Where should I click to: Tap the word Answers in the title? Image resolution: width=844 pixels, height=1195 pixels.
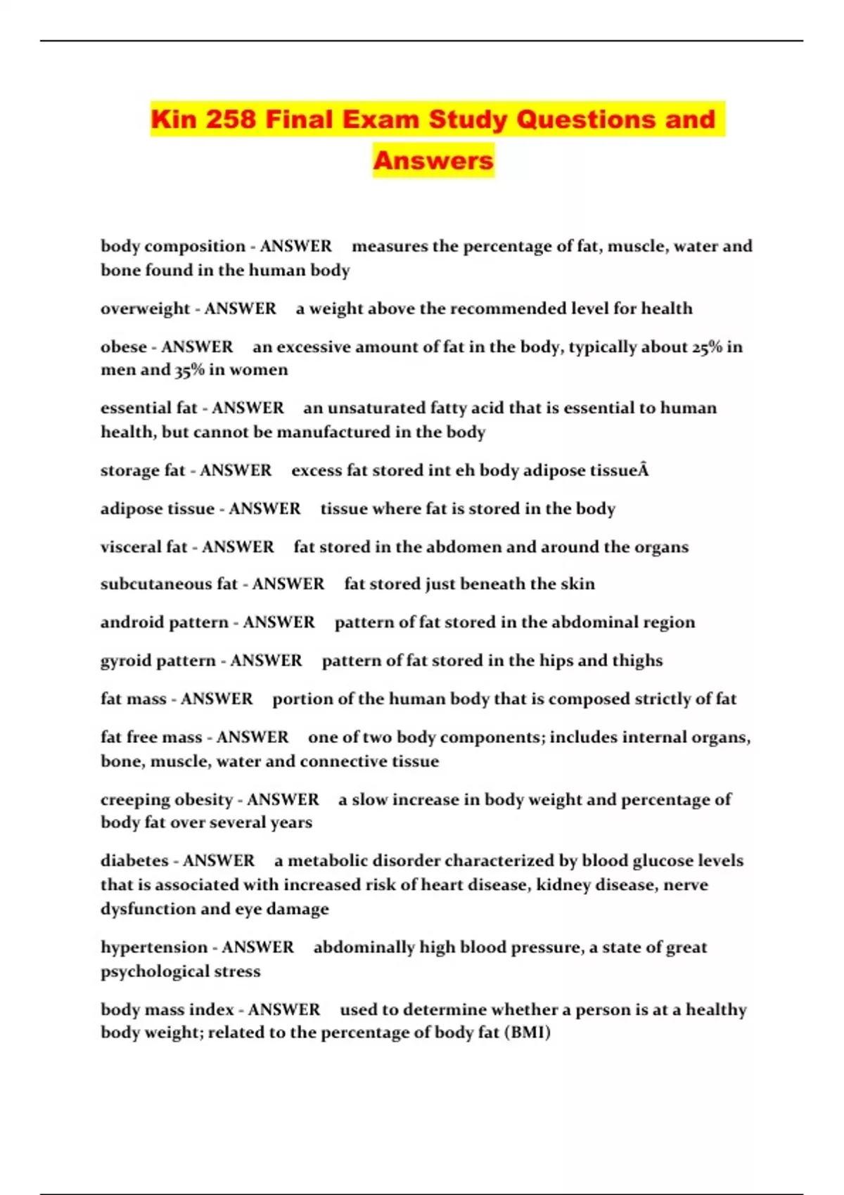click(x=433, y=160)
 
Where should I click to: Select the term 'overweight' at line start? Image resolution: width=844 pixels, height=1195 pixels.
click(x=145, y=309)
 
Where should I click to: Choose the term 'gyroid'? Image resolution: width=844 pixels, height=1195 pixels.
click(x=126, y=661)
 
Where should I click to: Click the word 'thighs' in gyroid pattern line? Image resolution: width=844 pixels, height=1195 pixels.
click(x=637, y=661)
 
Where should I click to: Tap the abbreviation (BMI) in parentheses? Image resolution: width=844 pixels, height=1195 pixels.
click(x=527, y=1033)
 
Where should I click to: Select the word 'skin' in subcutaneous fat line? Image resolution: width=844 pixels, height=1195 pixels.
click(x=577, y=583)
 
